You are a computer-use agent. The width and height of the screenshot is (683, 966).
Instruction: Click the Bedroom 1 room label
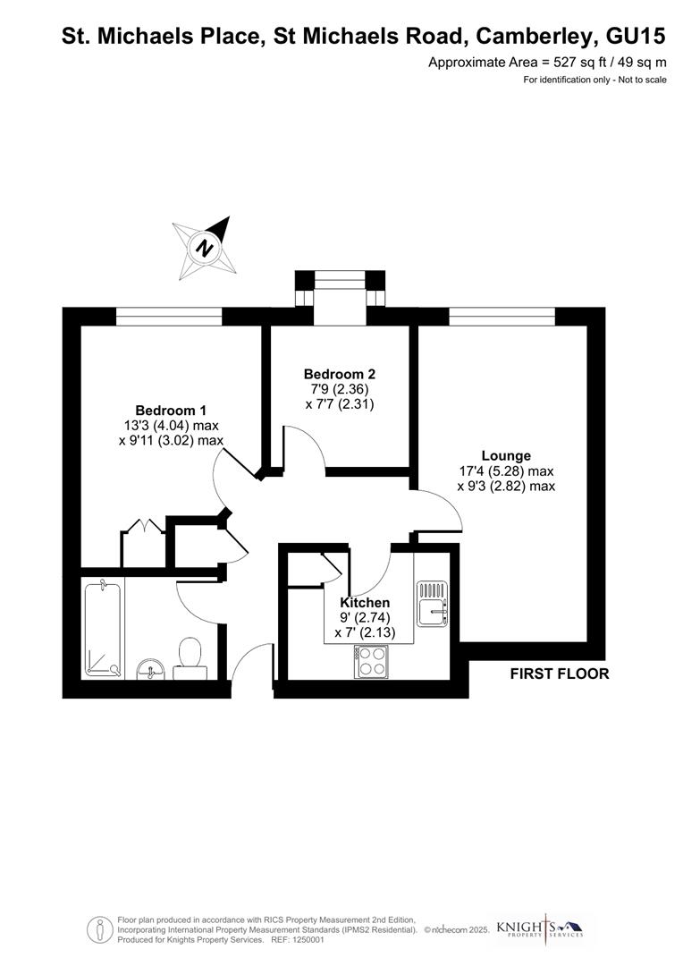coord(170,411)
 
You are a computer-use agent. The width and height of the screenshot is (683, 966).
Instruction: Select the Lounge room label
coord(506,455)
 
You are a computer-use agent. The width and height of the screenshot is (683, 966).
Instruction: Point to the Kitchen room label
coord(365,603)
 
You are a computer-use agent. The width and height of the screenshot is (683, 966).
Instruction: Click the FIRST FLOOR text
coord(560,674)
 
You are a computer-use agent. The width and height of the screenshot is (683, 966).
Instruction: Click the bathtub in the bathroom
coord(103,627)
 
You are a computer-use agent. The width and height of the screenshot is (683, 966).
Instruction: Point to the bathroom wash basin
coord(149,667)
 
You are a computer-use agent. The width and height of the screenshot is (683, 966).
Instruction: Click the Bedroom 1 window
coord(169,316)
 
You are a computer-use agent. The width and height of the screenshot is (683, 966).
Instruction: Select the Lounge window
coord(502,316)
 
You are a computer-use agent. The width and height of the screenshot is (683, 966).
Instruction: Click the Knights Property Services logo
coord(552,928)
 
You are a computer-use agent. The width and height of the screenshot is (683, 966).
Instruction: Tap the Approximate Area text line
coord(547,62)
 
